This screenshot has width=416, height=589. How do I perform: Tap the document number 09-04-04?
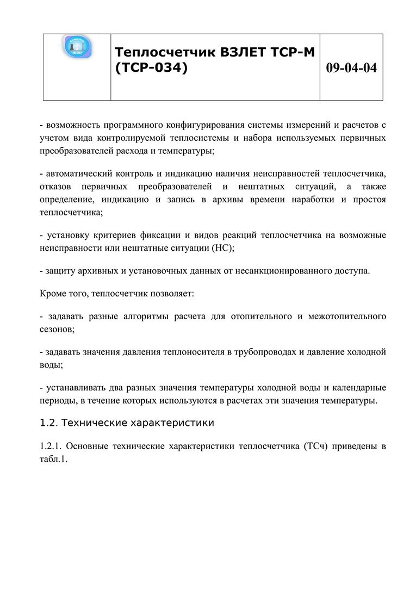pos(351,68)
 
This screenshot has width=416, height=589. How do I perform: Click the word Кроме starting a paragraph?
pos(53,294)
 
